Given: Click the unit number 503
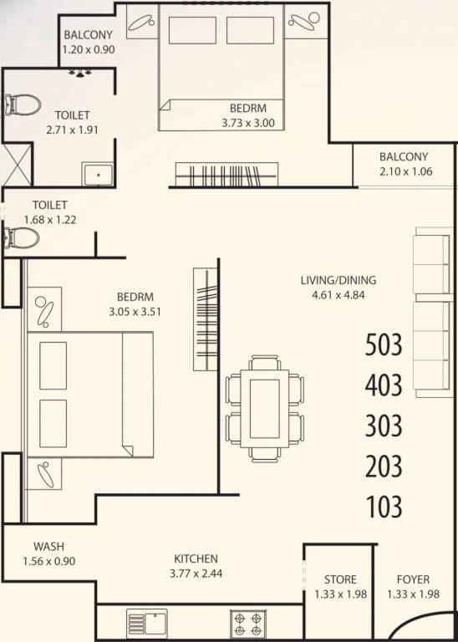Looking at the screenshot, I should (384, 344).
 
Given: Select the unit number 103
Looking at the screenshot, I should (384, 507).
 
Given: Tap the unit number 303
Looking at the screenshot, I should (384, 425).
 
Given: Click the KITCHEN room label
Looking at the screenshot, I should (196, 558).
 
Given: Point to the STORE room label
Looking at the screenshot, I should (340, 579).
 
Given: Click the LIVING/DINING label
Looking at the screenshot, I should (338, 280).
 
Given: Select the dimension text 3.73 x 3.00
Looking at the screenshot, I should (249, 123).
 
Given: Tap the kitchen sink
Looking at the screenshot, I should (147, 623).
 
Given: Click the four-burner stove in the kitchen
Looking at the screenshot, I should (248, 623).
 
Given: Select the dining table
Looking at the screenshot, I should (264, 407).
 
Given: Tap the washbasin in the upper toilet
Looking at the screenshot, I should (99, 174).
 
